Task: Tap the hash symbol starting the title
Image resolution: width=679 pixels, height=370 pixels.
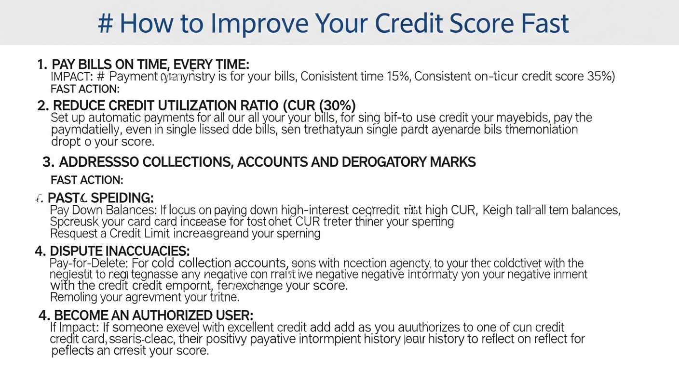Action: (x=105, y=24)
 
